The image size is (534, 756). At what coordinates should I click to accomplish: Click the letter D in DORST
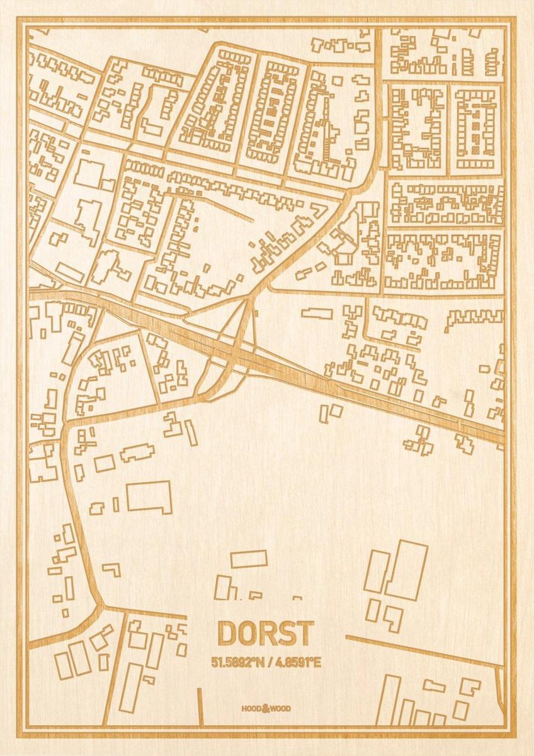(228, 634)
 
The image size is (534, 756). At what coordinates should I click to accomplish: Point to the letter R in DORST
(266, 634)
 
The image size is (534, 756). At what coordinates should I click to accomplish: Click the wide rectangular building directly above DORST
(249, 559)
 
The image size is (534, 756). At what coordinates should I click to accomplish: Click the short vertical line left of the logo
(200, 706)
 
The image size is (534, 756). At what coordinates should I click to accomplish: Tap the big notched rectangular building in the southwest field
(149, 497)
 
